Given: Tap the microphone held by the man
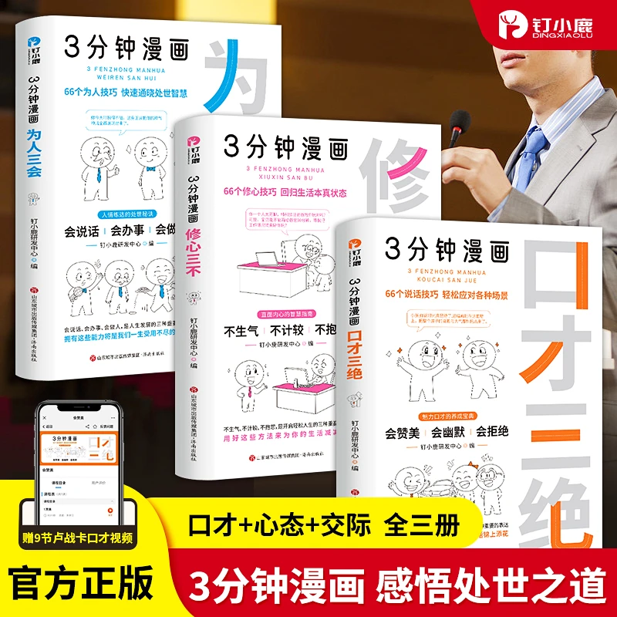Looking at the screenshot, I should point(460,124).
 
